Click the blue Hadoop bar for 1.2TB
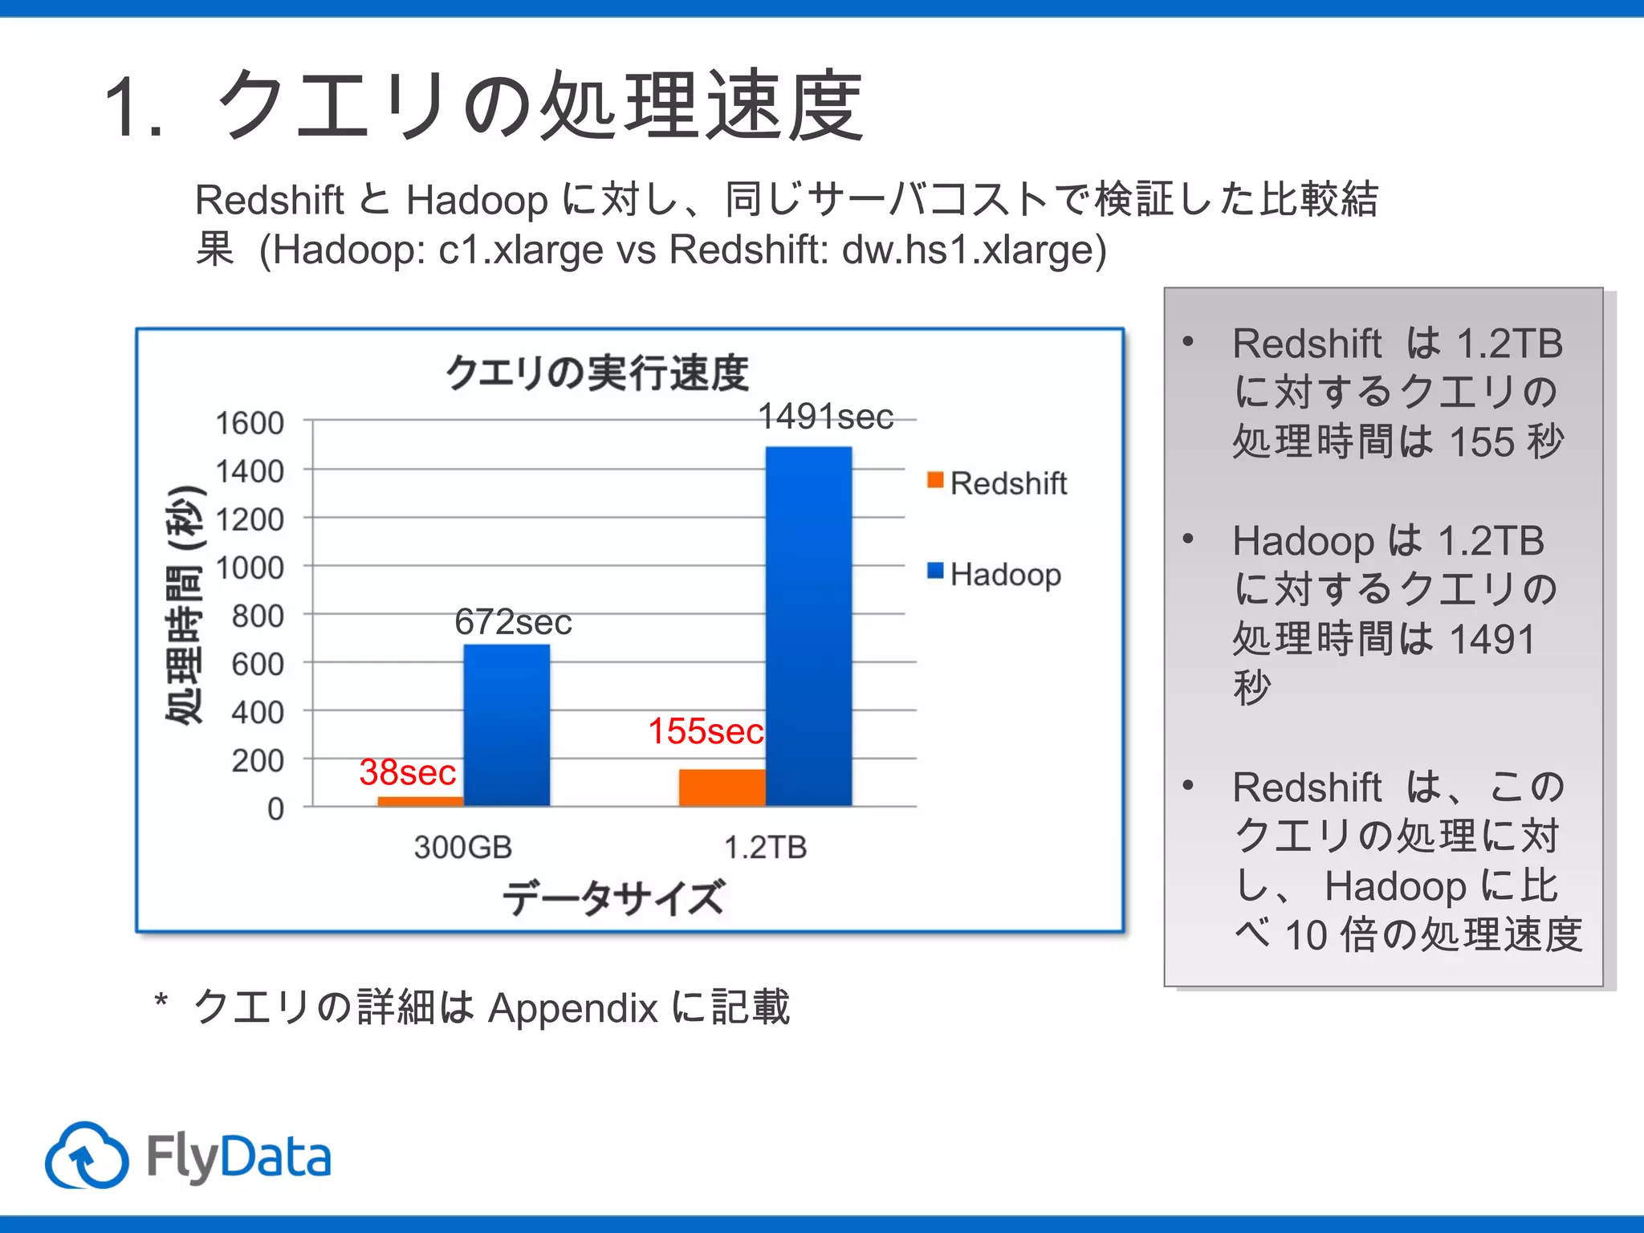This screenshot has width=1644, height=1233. click(808, 626)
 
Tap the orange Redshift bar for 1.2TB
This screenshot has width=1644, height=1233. click(722, 787)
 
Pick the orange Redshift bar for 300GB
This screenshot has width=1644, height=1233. click(420, 801)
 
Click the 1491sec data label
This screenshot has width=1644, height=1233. click(825, 417)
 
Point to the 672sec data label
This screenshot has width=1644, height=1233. click(513, 622)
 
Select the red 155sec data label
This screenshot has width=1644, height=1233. click(706, 731)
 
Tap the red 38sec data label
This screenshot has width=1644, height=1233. click(408, 772)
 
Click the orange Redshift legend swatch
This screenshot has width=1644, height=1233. click(934, 480)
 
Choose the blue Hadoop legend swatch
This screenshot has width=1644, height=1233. click(934, 571)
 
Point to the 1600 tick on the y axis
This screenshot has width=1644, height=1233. click(250, 423)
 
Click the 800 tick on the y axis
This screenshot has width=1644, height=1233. click(258, 616)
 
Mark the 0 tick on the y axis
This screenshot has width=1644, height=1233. click(275, 808)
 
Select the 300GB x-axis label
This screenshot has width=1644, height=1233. click(463, 847)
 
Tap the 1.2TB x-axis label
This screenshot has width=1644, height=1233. click(765, 847)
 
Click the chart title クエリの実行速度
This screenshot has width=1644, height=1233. click(597, 372)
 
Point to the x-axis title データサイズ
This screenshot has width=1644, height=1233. click(613, 897)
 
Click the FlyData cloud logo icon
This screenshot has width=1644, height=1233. click(87, 1156)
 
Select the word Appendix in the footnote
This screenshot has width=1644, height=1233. click(572, 1008)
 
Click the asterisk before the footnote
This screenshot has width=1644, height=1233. click(161, 1000)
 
